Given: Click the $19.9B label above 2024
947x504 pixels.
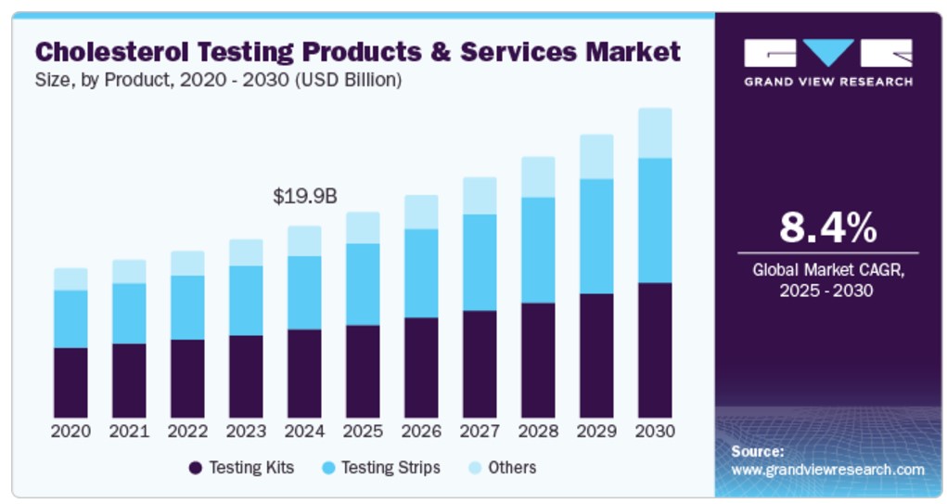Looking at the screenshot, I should coord(304,197).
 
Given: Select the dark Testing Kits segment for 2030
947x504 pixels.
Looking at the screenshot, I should coord(655,350).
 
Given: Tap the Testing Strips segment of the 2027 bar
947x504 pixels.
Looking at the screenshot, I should coord(480,263).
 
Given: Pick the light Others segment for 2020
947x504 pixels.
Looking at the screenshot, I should coord(70,279).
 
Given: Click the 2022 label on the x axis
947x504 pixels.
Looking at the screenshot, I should coord(187,432).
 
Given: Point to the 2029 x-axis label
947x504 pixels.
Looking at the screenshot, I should coord(596,432).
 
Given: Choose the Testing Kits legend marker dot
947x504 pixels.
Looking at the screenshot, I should coord(196,468).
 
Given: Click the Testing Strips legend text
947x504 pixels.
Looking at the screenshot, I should coord(390,467).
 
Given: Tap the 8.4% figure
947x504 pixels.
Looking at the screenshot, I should coord(827,226).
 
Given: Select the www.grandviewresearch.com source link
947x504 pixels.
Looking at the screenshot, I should coord(827,470).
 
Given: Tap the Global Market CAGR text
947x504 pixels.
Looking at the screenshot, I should coord(827,270).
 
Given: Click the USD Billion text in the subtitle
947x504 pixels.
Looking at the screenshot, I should coord(352,81).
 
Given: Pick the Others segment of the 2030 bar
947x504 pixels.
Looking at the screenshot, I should coord(655,133).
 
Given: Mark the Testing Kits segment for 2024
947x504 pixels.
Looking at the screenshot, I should coord(304,373).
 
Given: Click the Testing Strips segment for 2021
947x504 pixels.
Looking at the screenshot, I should coord(129,314).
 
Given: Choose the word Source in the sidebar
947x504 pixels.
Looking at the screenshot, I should coord(758,451).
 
